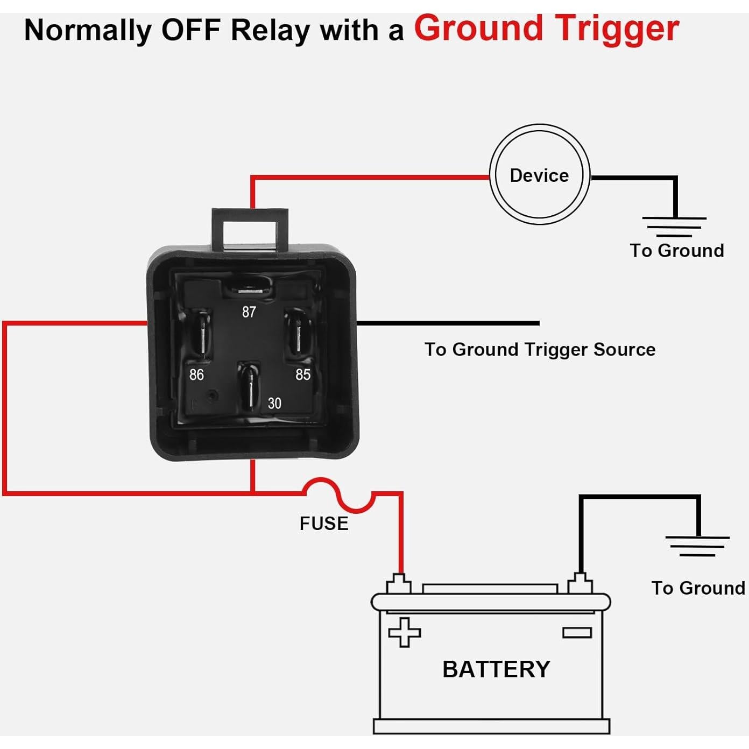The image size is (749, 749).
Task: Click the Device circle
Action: (x=539, y=176)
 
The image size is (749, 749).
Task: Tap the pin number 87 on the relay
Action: (x=249, y=312)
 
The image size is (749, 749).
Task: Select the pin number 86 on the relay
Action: (x=196, y=374)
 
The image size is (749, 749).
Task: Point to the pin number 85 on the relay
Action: (x=303, y=374)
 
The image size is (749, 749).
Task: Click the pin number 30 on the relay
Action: (x=274, y=404)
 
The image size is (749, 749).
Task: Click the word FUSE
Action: (x=324, y=524)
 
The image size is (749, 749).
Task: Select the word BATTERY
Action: (x=496, y=669)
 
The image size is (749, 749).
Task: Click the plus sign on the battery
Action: (x=404, y=632)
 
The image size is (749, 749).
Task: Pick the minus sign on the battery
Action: (x=577, y=632)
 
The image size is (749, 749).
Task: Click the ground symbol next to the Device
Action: (x=674, y=227)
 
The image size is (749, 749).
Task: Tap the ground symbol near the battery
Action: (x=697, y=546)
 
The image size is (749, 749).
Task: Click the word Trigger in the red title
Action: (x=617, y=29)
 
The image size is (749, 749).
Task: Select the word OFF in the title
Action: (x=191, y=30)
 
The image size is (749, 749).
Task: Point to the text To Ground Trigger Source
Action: (x=540, y=350)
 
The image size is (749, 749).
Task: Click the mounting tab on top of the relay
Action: (x=251, y=229)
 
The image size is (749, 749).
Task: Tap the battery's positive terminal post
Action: (x=399, y=584)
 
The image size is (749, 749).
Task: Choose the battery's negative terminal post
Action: (x=580, y=583)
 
